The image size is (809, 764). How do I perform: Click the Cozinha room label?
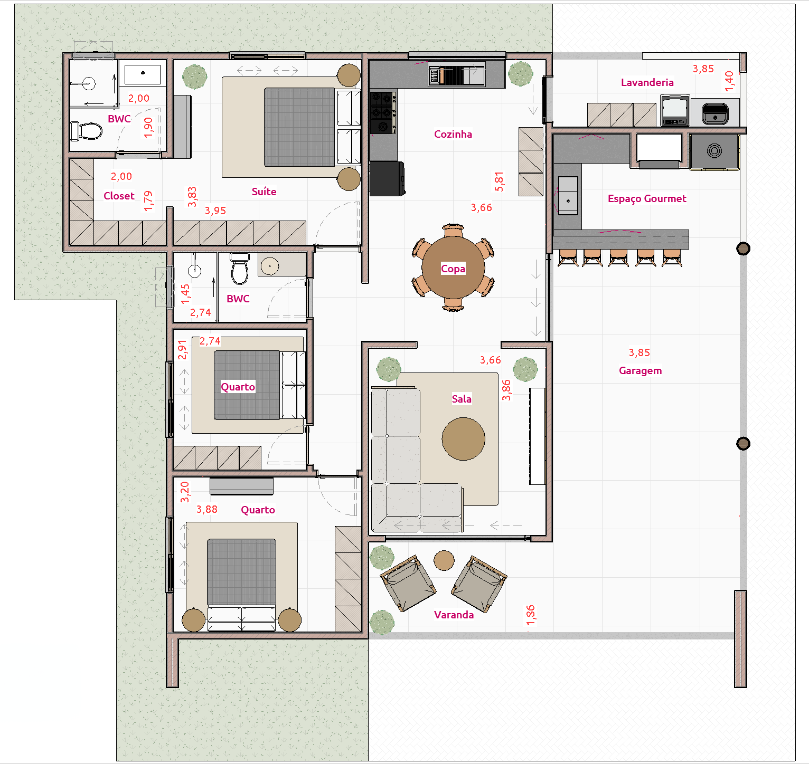(x=453, y=134)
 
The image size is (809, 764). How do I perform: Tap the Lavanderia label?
(x=647, y=82)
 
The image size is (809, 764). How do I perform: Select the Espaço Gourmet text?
(x=647, y=198)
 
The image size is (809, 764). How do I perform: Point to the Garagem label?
(x=640, y=370)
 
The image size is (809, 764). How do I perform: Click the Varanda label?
(x=454, y=615)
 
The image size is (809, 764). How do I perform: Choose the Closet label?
(x=119, y=196)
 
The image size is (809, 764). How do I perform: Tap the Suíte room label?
(x=264, y=192)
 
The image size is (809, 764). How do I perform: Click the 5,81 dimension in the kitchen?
(x=499, y=182)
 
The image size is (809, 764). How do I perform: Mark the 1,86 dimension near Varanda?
(x=530, y=615)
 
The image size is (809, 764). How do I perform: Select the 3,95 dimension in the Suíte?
(x=215, y=211)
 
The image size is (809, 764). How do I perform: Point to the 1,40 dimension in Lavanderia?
(x=729, y=81)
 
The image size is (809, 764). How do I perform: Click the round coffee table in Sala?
(x=463, y=439)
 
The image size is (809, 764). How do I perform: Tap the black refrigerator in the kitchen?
(x=387, y=179)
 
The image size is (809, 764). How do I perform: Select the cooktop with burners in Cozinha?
(x=383, y=112)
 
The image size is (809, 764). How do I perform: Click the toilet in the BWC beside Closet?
(x=87, y=131)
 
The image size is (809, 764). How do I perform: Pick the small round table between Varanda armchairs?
(x=444, y=560)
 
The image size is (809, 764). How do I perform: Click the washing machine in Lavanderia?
(x=675, y=111)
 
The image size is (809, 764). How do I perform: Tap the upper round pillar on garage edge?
(x=743, y=249)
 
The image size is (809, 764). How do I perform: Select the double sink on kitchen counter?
(x=456, y=75)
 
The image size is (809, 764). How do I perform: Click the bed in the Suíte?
(x=298, y=127)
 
